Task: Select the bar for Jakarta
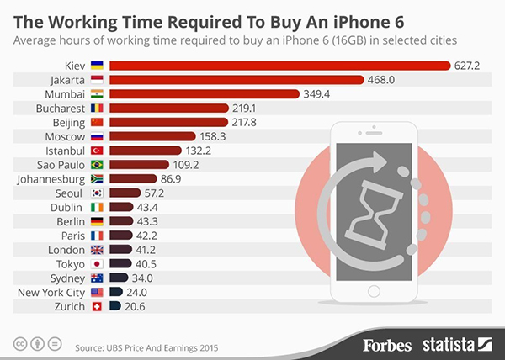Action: coord(236,79)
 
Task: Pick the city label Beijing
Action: coord(67,122)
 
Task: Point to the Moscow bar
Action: coord(152,136)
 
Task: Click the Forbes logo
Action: coord(388,343)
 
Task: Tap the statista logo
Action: coord(454,343)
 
